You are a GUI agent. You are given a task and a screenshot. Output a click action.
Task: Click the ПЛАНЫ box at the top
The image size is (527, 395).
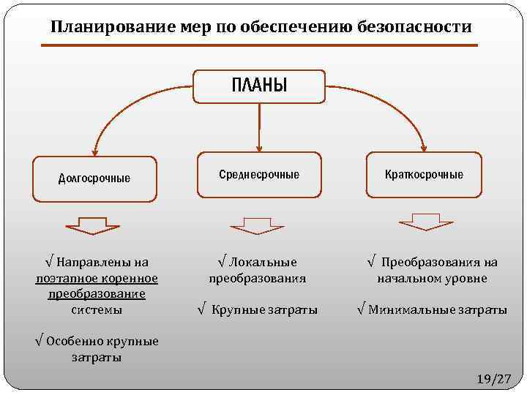point(259,86)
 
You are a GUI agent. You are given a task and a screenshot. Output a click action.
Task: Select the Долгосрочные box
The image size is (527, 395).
point(94,178)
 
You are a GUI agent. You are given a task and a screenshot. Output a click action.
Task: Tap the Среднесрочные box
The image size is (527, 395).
point(259,175)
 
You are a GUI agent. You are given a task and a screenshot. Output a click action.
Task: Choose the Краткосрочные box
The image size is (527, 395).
point(424,175)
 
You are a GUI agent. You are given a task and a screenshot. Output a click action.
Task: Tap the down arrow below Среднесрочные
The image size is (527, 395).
point(258,223)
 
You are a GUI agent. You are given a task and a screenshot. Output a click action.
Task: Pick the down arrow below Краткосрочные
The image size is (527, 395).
point(426,220)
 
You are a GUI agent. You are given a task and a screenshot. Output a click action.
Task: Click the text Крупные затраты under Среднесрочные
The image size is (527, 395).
point(264,310)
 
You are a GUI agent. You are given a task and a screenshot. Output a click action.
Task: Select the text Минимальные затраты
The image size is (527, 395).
point(438,310)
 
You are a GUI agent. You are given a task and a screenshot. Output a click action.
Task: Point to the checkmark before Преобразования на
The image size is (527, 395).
point(372,261)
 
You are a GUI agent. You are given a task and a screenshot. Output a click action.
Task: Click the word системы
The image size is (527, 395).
point(97,309)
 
